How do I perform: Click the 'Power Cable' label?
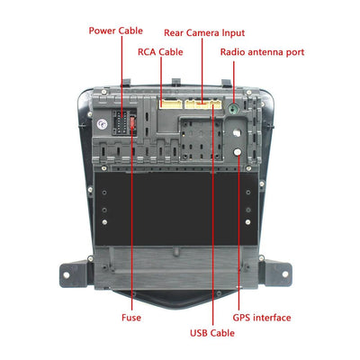(x=115, y=30)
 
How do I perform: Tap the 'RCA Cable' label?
(x=160, y=52)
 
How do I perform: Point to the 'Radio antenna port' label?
(x=263, y=52)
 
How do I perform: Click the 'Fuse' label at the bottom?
(x=130, y=317)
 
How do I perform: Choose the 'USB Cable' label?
(x=211, y=333)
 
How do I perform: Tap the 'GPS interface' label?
(x=261, y=317)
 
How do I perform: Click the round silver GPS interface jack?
(x=237, y=135)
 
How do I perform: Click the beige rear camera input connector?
(x=203, y=103)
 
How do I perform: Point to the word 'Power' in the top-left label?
(x=103, y=30)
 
